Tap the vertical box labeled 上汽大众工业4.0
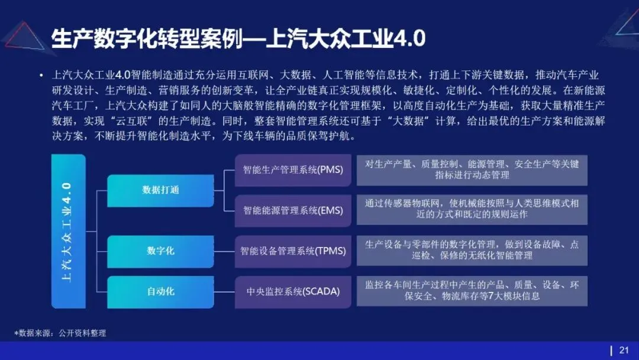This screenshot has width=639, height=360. click(68, 231)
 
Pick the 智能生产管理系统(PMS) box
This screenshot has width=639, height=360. click(293, 170)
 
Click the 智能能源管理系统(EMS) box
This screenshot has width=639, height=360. click(293, 210)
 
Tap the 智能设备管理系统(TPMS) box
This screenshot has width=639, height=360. click(293, 251)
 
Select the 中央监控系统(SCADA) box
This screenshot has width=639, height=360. click(293, 291)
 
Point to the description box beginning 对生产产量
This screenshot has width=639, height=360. click(472, 170)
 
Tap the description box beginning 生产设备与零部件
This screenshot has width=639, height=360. click(472, 250)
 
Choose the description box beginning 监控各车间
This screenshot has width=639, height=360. click(472, 291)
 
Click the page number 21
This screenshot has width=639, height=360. click(624, 350)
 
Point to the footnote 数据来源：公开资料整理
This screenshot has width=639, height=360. click(60, 333)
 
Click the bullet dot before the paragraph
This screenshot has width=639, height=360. click(41, 76)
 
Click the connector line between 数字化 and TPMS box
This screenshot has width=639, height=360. click(224, 251)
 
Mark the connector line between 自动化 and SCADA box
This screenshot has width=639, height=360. click(224, 291)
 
